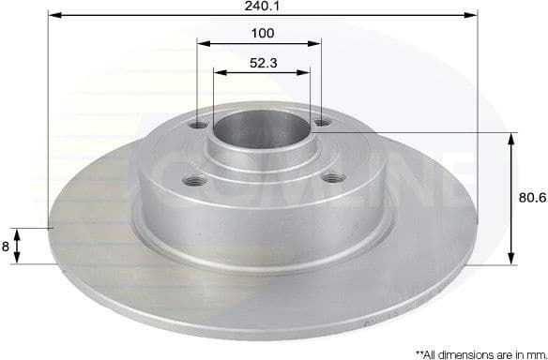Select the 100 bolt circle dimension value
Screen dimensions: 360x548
[x=263, y=34]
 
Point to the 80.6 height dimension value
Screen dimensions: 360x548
[x=533, y=198]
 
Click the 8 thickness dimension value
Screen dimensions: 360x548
[x=7, y=246]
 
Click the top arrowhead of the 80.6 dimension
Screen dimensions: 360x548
[x=511, y=137]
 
